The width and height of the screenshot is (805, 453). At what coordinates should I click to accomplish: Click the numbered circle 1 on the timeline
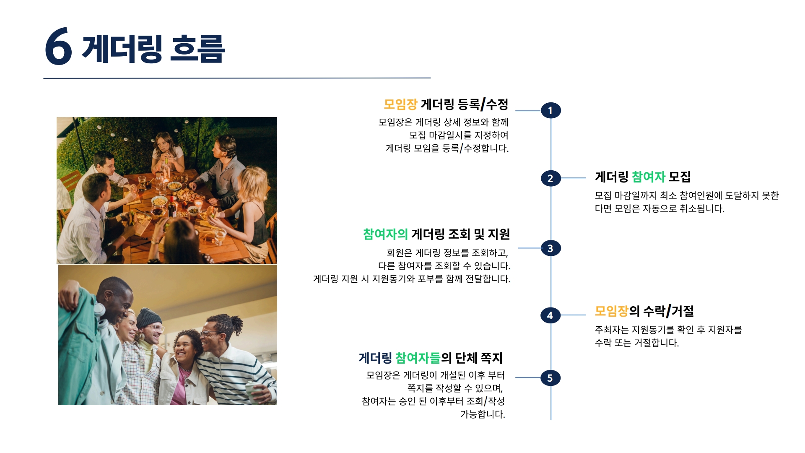tap(551, 110)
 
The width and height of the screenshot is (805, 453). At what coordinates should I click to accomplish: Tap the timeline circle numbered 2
tap(551, 178)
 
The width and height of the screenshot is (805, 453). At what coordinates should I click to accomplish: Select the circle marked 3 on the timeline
tap(551, 248)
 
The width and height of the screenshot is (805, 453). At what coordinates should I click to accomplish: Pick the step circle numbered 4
tap(551, 315)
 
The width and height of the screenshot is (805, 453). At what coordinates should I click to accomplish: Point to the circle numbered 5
tap(551, 378)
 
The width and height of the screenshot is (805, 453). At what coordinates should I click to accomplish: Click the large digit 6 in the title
tap(58, 47)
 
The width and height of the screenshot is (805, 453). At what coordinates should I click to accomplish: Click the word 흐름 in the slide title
tap(198, 49)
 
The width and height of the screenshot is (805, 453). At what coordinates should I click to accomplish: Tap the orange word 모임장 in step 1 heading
tap(400, 104)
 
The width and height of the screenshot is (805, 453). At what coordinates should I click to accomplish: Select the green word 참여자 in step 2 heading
tap(648, 177)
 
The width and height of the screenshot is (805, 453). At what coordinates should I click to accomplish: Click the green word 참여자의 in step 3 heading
tap(385, 234)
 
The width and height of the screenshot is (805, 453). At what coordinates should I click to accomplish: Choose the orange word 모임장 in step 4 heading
tap(611, 311)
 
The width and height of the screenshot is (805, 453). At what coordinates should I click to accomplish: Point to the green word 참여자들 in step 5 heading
tap(418, 358)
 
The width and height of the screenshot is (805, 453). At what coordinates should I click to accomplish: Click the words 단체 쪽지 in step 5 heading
tap(479, 358)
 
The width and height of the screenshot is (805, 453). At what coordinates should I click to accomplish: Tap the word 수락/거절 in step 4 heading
tap(668, 311)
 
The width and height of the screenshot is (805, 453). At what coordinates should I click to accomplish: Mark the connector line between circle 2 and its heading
tap(573, 178)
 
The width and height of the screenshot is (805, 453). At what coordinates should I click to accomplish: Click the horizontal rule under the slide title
tap(237, 78)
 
